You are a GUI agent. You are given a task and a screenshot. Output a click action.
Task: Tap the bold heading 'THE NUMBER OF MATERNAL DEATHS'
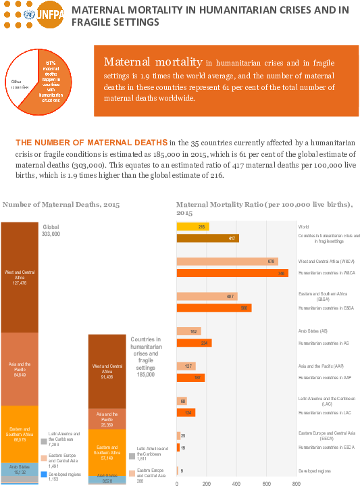coord(91,143)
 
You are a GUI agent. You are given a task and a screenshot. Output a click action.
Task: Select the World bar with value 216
coord(192,227)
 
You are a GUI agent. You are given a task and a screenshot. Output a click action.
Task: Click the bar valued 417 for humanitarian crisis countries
coord(207,238)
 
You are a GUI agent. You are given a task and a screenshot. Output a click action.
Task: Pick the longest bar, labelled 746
coord(232,273)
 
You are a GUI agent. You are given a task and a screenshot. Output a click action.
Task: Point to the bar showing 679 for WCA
coord(227,261)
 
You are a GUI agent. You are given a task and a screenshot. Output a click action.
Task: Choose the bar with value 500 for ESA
coord(213,308)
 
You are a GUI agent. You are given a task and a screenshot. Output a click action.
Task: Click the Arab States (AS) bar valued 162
coord(188,331)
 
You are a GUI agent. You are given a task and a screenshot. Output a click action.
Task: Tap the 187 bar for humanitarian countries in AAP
coord(190,378)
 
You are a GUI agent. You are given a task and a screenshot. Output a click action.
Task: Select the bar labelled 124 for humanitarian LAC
coord(186,412)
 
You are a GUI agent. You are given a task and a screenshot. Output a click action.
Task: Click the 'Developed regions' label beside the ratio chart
coord(314,470)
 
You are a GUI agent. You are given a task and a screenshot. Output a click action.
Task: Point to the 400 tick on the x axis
coord(236,483)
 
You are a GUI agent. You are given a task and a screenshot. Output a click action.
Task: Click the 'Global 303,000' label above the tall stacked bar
coord(52,230)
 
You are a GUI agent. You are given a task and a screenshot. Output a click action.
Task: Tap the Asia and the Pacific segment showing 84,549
coord(20,368)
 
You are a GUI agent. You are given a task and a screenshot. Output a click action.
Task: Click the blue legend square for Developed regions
coord(44,475)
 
